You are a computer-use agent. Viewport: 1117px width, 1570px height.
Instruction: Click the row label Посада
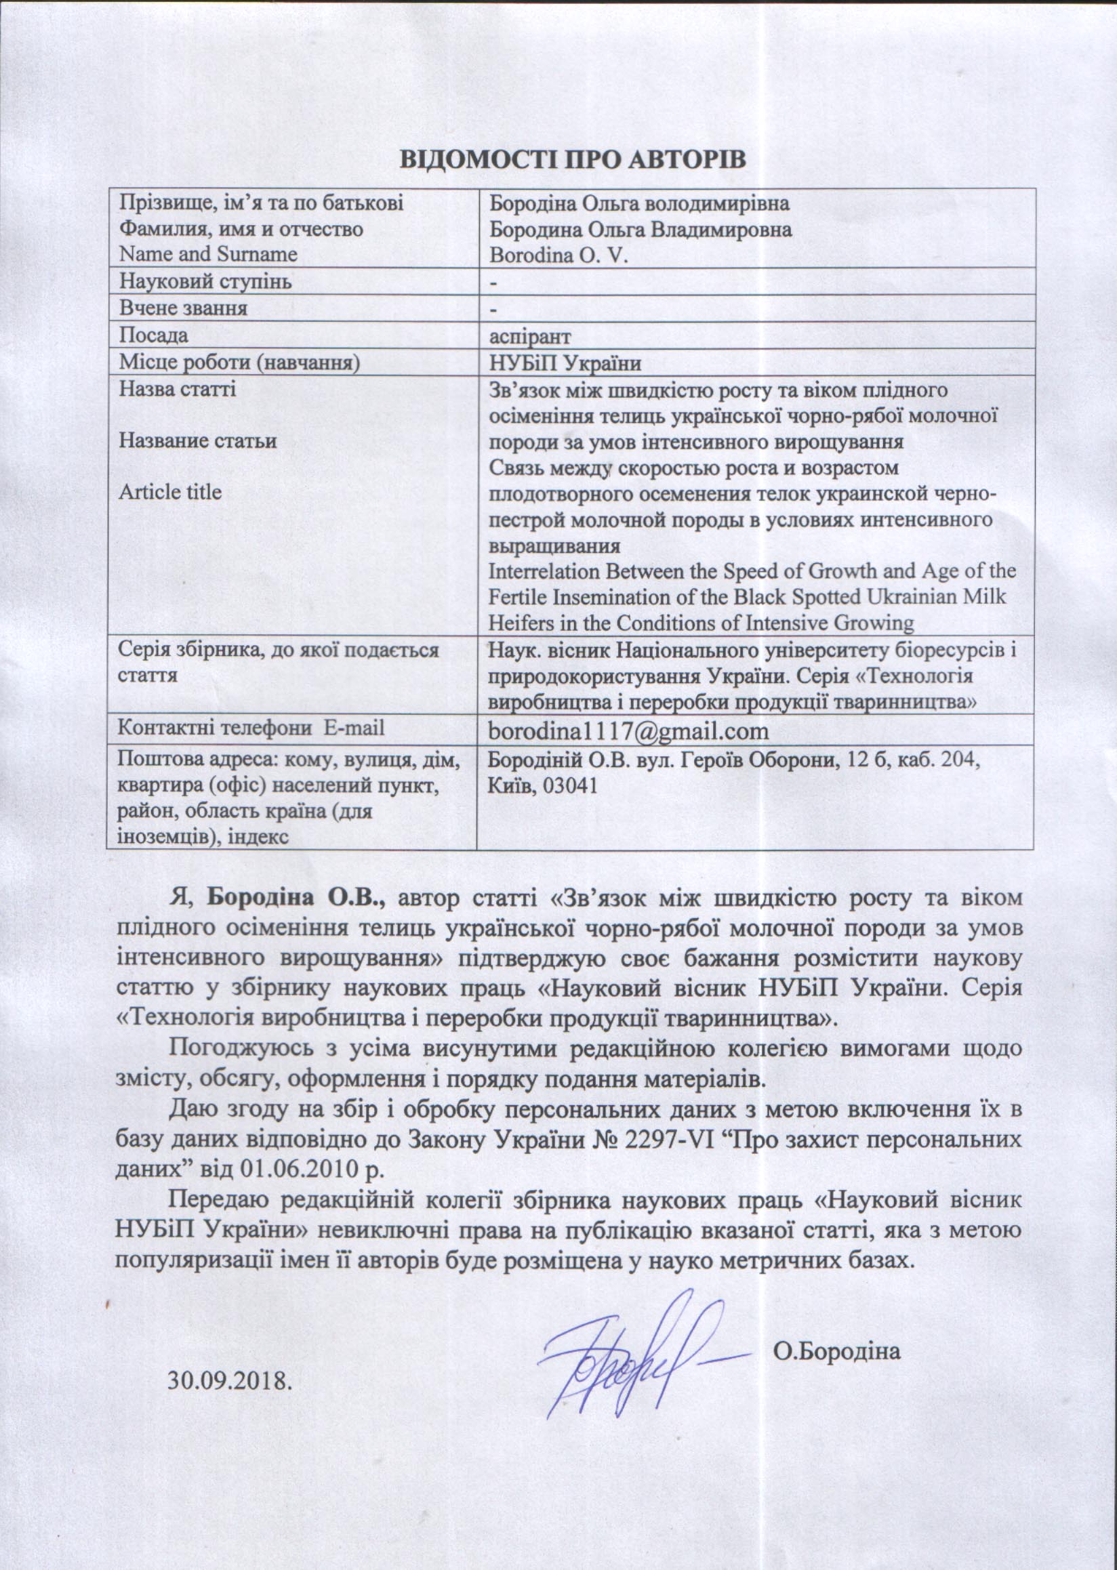pos(153,335)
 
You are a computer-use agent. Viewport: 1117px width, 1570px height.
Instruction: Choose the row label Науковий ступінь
pos(205,282)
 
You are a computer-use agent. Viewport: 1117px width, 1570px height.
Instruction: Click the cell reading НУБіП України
pos(565,363)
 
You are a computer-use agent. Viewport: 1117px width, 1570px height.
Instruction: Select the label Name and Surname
pos(207,255)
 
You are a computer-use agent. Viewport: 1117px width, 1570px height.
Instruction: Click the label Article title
pos(170,493)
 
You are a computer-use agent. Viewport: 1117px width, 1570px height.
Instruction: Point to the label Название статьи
pos(197,441)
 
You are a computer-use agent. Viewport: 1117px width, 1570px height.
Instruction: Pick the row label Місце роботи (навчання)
pos(239,363)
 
